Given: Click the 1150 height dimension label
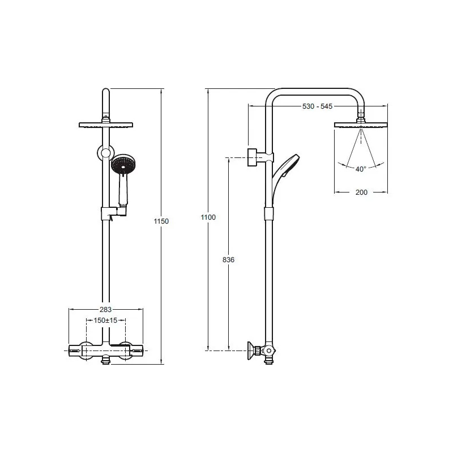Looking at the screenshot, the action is click(x=161, y=221).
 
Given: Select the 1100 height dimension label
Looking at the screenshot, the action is click(x=208, y=217).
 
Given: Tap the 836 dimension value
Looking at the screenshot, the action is click(x=228, y=260).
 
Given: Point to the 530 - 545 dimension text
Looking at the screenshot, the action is click(x=317, y=106).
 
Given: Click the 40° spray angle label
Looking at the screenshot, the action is click(x=361, y=169).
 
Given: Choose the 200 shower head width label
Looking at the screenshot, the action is click(x=361, y=193).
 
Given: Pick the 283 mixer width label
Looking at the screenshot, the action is click(x=105, y=310).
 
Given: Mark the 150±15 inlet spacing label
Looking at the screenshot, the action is click(x=105, y=320).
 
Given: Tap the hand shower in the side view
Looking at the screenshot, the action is click(x=285, y=173).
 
